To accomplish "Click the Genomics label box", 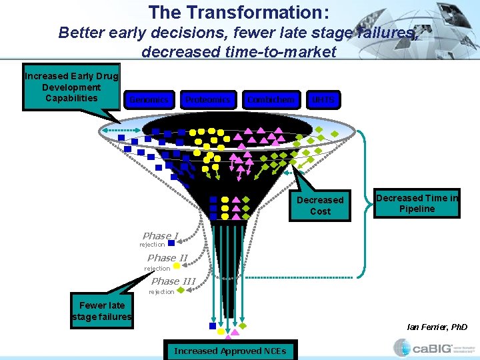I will click(x=149, y=100).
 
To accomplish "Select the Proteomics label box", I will click(x=207, y=100).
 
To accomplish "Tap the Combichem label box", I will click(x=270, y=100).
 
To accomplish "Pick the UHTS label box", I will click(x=323, y=100).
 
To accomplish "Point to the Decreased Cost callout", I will click(x=320, y=205).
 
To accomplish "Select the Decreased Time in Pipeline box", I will click(x=417, y=203).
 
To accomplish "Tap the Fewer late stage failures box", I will click(x=101, y=311).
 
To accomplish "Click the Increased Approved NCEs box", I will click(x=229, y=351).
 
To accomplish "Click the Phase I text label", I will click(x=160, y=235).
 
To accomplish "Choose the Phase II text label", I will click(x=167, y=257).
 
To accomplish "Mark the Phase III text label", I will click(x=173, y=281).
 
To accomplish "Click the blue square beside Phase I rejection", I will click(x=171, y=244).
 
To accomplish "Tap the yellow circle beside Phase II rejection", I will click(x=177, y=266).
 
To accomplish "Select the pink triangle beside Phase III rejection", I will click(x=181, y=289).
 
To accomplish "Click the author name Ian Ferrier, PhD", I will click(x=437, y=327).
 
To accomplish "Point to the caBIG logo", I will click(x=429, y=348).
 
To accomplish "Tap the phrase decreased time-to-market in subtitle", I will click(x=239, y=52).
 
